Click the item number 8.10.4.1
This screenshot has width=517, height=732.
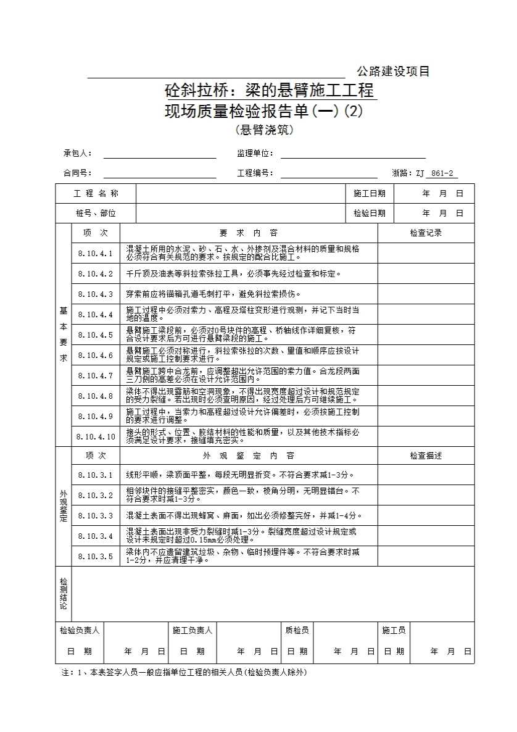[96, 253]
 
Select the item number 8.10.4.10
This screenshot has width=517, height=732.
[96, 436]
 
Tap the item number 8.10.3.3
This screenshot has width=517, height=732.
[96, 515]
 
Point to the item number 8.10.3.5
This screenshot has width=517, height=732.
[96, 556]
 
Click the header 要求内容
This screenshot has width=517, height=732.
[249, 233]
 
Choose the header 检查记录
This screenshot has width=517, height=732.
[426, 233]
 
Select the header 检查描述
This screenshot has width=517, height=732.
[426, 455]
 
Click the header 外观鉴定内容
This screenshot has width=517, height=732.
[249, 455]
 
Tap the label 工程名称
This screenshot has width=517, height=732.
[96, 193]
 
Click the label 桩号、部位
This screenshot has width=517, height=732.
[96, 213]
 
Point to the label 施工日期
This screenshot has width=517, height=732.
[370, 193]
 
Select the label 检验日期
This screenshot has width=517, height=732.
[370, 213]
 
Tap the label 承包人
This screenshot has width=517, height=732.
[78, 153]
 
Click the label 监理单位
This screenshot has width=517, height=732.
[255, 153]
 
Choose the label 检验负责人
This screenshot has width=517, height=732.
[80, 630]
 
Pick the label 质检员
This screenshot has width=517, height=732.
[297, 630]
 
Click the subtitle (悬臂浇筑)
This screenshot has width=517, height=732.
[264, 130]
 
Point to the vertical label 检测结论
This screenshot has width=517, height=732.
[64, 594]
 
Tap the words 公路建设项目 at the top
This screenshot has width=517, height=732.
[393, 71]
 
